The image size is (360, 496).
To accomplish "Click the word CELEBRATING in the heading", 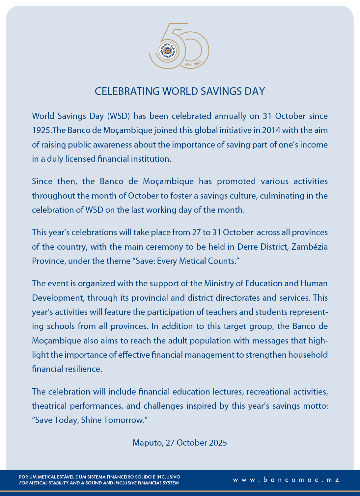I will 127,91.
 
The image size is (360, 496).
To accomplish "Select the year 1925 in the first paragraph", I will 41,130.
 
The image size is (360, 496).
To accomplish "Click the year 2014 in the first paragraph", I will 271,130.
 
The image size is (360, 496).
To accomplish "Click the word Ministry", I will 219,284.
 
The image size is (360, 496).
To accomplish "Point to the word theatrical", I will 49,406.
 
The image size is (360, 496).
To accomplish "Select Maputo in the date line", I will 147,443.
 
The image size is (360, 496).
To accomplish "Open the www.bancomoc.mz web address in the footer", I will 286,480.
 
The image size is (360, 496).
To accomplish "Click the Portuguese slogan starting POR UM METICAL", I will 100,477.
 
